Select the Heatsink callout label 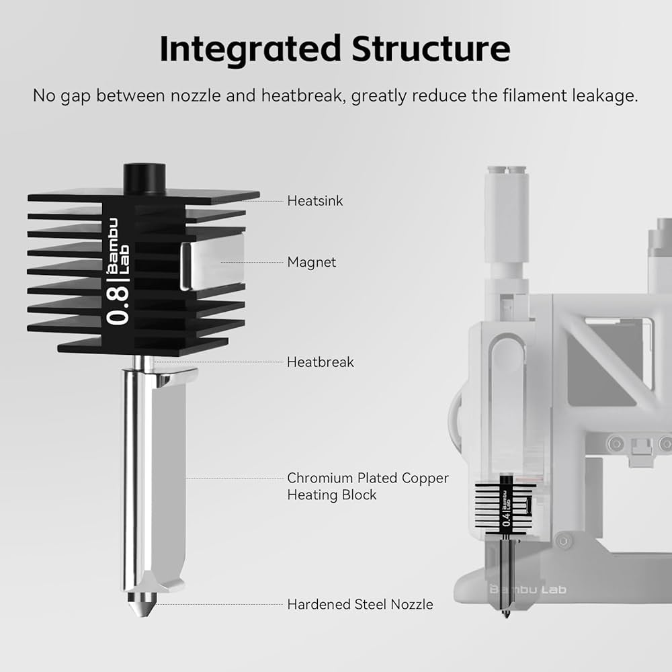(315, 200)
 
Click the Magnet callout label (311, 262)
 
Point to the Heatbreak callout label (320, 362)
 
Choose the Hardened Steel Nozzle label (360, 605)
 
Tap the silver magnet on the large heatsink (211, 265)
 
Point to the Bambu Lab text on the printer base (528, 590)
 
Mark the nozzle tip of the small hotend (505, 612)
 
